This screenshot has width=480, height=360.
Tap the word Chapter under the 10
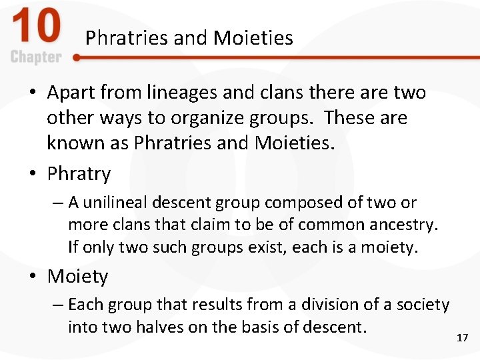(36, 57)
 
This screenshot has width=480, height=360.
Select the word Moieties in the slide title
(253, 38)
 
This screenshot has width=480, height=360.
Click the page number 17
(462, 338)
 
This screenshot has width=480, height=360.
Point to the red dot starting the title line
(77, 58)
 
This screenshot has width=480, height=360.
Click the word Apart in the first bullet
(70, 93)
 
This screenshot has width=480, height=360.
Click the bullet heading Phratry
(79, 174)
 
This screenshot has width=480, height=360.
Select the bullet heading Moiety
(77, 277)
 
